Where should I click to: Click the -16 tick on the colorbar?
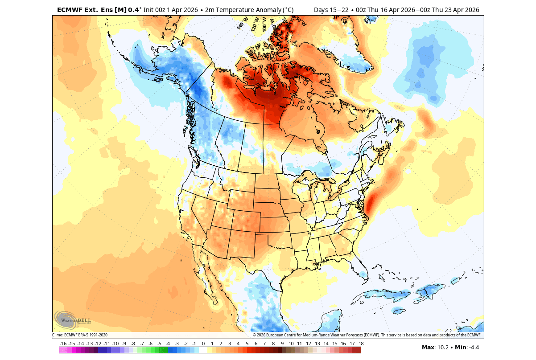[63, 344]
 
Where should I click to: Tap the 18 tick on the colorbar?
[361, 344]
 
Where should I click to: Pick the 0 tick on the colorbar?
[203, 344]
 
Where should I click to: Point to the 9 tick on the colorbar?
[282, 344]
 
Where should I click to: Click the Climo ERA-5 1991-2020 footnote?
[80, 335]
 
